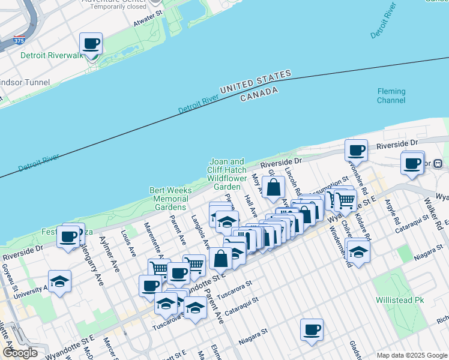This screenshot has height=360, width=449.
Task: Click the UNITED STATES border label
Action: click(x=255, y=82)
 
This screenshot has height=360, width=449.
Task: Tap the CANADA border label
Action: click(x=259, y=94)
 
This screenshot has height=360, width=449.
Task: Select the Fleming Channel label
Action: click(x=391, y=96)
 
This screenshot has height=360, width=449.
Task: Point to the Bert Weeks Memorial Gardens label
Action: click(x=170, y=199)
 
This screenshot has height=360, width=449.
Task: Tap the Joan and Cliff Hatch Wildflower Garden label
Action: click(x=227, y=174)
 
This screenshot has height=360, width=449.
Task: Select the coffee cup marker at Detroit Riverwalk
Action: click(x=91, y=44)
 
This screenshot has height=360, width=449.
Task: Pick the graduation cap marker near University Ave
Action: click(x=59, y=281)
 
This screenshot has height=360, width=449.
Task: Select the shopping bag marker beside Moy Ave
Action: click(x=273, y=187)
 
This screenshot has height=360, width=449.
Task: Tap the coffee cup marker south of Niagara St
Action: click(x=312, y=329)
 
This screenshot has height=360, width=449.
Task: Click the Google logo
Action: click(x=20, y=353)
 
